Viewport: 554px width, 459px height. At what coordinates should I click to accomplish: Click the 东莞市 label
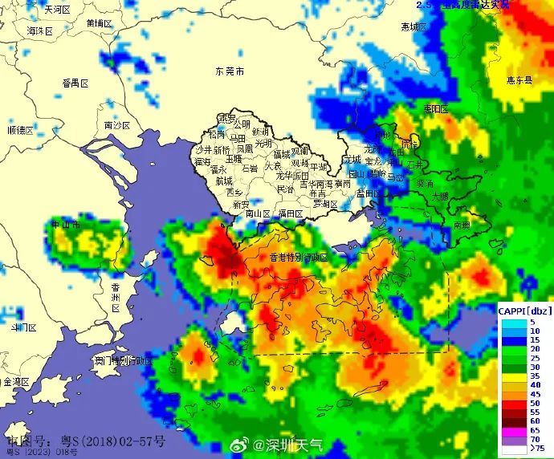tap(230, 72)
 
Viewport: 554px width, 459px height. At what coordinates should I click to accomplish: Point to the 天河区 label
tap(58, 10)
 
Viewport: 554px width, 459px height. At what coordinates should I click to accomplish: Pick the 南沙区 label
tap(117, 126)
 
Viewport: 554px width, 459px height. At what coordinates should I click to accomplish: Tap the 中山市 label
tap(66, 225)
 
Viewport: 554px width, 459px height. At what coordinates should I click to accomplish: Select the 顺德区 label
tap(20, 130)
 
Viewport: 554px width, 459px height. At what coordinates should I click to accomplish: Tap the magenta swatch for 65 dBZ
tap(513, 430)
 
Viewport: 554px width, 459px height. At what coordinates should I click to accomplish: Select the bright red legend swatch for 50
tap(513, 403)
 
